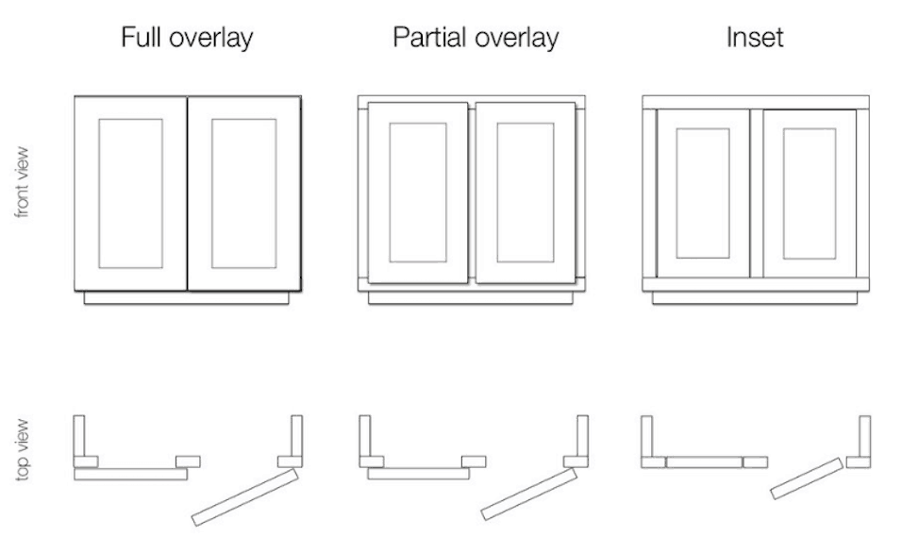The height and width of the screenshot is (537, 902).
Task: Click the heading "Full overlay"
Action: point(186,39)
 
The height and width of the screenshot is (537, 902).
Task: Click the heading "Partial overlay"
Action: point(475,39)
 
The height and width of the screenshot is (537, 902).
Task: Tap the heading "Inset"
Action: point(754,39)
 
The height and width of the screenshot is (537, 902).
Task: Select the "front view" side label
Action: point(22,183)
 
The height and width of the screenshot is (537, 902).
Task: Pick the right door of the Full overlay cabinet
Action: point(243,193)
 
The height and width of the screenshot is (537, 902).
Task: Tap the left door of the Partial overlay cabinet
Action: point(418,193)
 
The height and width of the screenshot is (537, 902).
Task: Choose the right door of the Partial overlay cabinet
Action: point(526,193)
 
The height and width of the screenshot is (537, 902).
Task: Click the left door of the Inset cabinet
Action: point(703,193)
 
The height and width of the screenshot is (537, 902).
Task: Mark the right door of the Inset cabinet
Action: point(809,193)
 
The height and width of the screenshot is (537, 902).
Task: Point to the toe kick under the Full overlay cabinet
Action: point(187,297)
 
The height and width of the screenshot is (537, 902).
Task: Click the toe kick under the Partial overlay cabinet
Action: point(472,297)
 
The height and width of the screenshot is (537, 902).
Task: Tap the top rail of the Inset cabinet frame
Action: point(754,102)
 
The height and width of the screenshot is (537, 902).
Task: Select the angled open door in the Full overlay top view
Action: point(244,497)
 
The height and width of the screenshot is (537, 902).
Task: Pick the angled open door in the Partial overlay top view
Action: point(528,493)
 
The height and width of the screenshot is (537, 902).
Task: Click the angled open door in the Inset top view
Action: point(807,478)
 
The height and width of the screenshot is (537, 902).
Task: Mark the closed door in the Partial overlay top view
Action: point(418,474)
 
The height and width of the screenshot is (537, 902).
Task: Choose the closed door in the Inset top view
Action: point(703,462)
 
